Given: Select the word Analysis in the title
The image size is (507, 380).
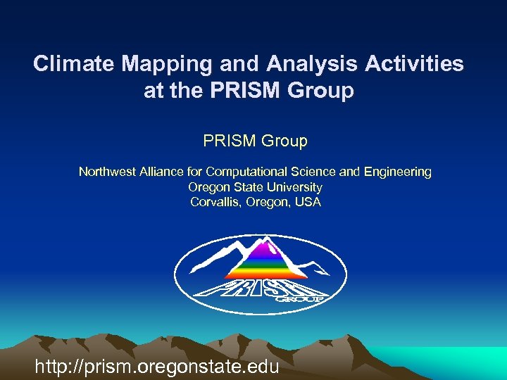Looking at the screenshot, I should tap(313, 64).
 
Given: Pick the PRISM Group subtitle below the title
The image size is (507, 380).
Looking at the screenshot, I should tap(255, 141).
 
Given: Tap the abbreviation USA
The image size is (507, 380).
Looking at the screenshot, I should tap(308, 203).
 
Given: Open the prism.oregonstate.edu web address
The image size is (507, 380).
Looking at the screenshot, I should tap(157, 366).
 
